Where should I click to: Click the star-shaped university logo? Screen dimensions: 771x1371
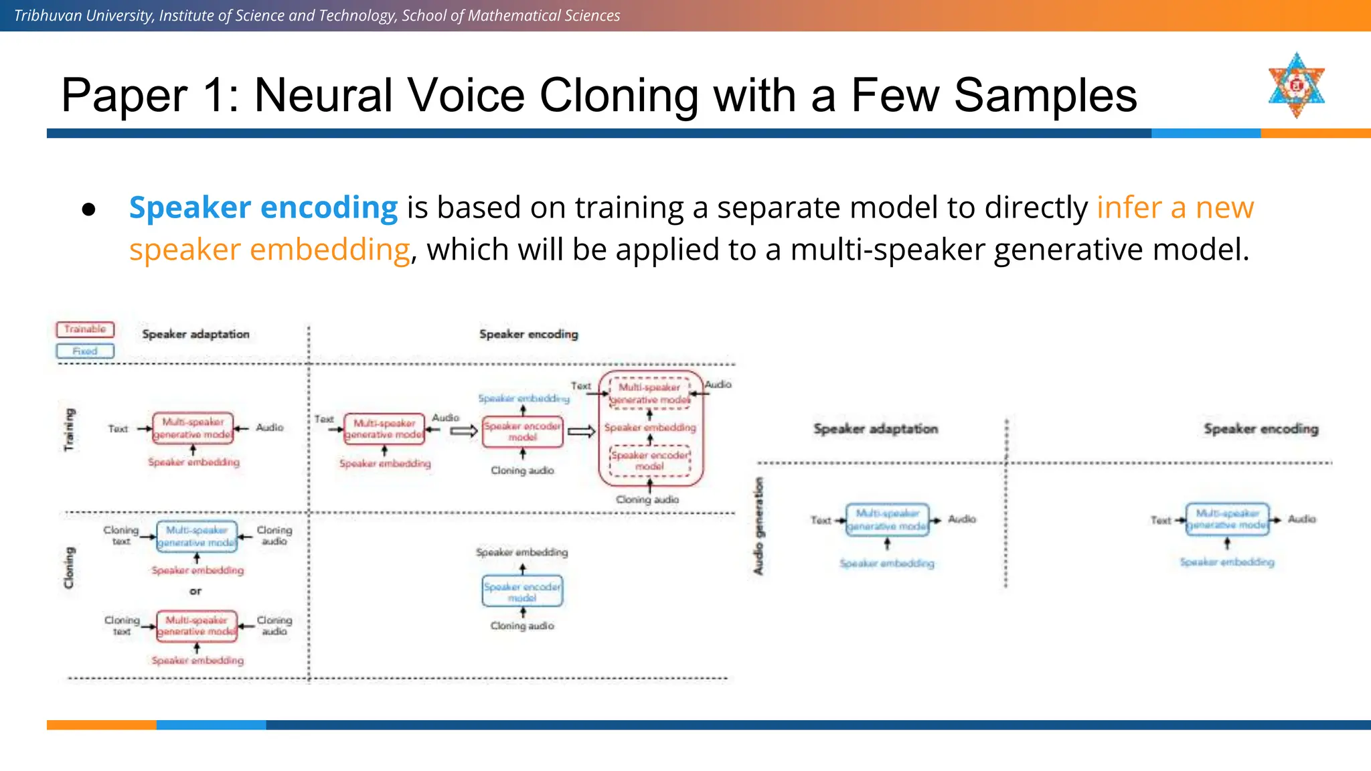(1296, 86)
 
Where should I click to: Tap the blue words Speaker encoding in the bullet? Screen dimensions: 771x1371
(263, 207)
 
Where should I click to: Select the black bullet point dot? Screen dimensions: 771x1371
(88, 210)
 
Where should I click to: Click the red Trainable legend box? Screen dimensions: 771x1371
(85, 329)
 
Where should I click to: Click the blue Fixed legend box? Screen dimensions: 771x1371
(85, 351)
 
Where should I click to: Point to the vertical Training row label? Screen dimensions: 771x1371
(70, 429)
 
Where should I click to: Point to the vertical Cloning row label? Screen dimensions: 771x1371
(69, 568)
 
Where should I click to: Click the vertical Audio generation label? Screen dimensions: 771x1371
(758, 525)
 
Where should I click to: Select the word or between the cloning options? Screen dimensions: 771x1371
(195, 591)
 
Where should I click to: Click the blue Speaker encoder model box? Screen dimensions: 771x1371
(522, 592)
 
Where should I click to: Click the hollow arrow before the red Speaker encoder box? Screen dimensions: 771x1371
(463, 431)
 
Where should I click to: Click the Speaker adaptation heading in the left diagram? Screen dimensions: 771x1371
(195, 334)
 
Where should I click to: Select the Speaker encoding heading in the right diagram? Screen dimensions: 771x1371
(1261, 428)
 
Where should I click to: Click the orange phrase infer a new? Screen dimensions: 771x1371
(1175, 207)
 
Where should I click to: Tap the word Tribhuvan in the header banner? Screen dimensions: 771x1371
(45, 15)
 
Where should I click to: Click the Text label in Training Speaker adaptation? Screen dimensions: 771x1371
(118, 429)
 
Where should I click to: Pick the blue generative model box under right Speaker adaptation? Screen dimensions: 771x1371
(887, 520)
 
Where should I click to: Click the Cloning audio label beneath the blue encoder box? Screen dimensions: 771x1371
(522, 626)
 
